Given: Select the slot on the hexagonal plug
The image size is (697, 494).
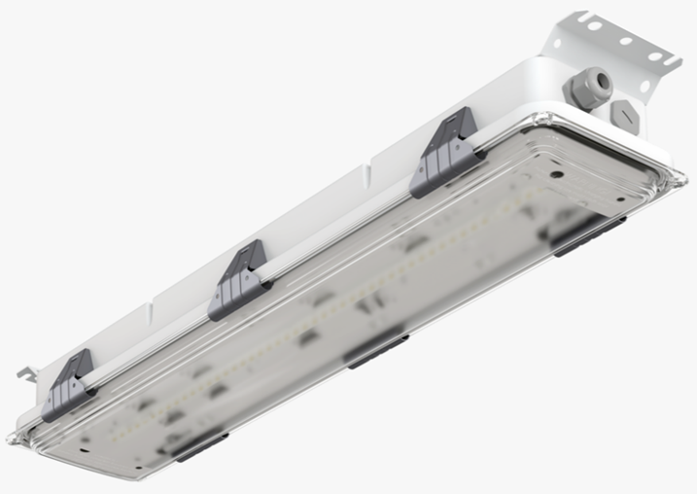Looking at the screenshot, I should click(627, 115).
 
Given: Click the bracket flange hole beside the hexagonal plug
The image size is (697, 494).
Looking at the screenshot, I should click(644, 87).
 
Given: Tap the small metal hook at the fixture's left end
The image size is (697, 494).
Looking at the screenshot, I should click(26, 372).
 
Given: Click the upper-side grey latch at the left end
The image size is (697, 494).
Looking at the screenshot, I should click(69, 386).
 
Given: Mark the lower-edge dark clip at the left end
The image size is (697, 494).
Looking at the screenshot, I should click(199, 446).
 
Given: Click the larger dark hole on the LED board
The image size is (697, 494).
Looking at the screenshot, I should click(556, 175).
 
